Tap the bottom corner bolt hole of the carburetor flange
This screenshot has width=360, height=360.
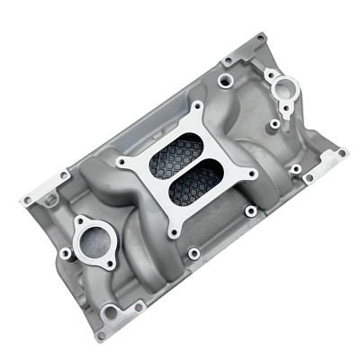tap(176, 219)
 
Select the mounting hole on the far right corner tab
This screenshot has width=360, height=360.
tap(341, 154)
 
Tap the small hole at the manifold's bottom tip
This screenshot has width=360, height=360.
tap(101, 336)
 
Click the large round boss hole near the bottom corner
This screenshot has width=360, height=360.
tap(110, 312)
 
